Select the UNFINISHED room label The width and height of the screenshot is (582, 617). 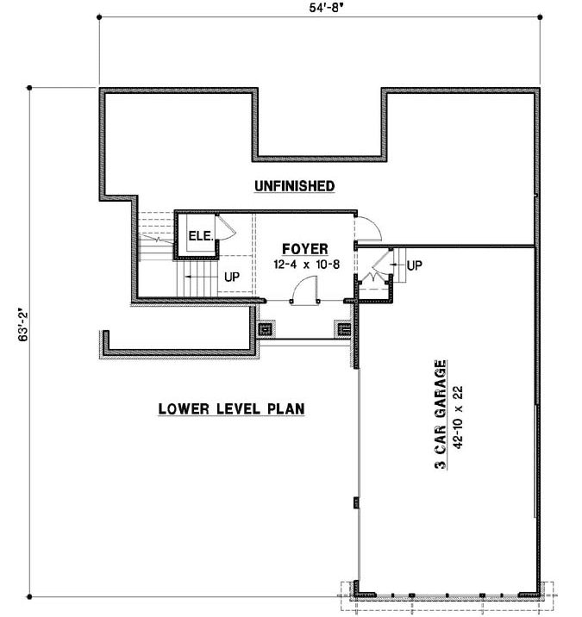coord(294,185)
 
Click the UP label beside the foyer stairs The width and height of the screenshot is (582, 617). coord(231,277)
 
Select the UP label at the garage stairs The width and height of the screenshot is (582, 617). coord(415,264)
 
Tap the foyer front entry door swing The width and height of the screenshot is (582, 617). coord(304,293)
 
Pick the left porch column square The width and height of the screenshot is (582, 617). coord(266,328)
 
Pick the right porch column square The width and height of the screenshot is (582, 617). coord(341,328)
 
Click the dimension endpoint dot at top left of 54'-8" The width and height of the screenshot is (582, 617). coord(98,17)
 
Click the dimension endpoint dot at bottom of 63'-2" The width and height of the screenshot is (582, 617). coord(30,596)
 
